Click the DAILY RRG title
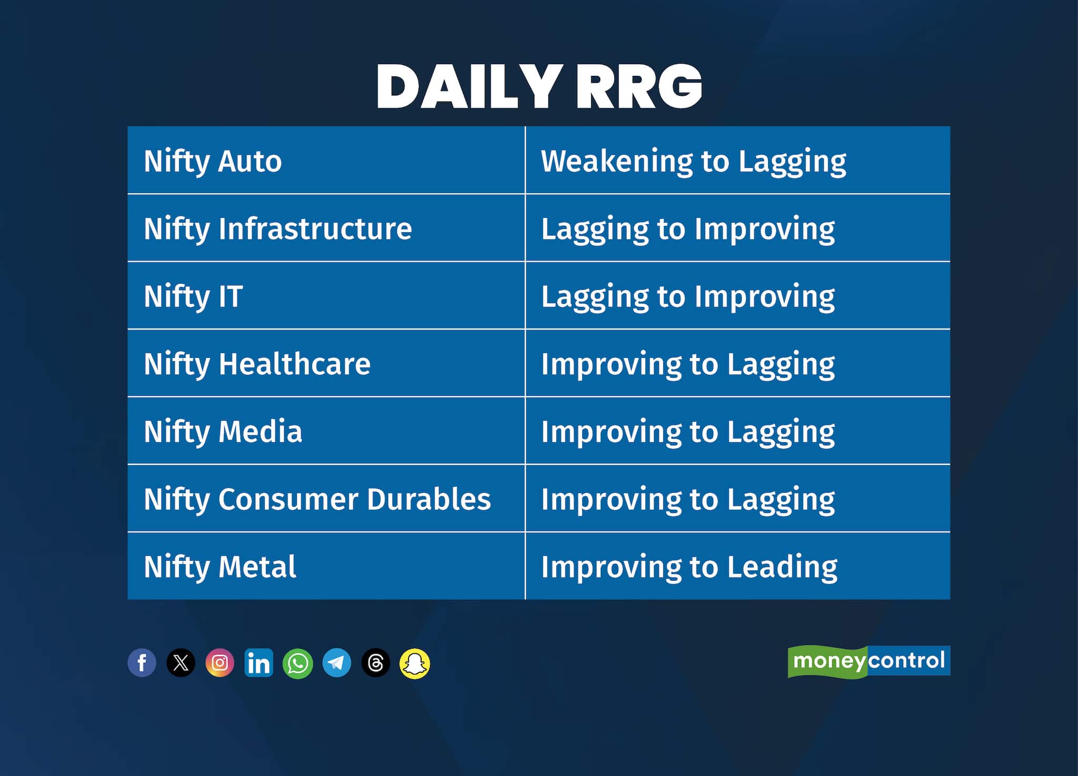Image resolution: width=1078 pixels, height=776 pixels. pyautogui.click(x=540, y=87)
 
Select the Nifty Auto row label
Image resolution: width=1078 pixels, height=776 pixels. pyautogui.click(x=213, y=161)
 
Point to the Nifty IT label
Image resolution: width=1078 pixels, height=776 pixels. pyautogui.click(x=193, y=296)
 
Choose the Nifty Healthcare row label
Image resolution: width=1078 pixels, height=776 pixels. pyautogui.click(x=257, y=364)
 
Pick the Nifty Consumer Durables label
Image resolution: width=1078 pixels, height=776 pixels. pyautogui.click(x=317, y=500)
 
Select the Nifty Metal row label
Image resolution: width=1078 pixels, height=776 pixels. pyautogui.click(x=220, y=567)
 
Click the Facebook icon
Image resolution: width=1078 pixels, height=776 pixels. pyautogui.click(x=142, y=663)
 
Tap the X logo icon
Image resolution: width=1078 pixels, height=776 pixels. pyautogui.click(x=181, y=663)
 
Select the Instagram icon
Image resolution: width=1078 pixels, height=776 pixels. pyautogui.click(x=220, y=663)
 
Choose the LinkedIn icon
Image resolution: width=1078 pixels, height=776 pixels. pyautogui.click(x=259, y=663)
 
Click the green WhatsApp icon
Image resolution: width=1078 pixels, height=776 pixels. pyautogui.click(x=298, y=663)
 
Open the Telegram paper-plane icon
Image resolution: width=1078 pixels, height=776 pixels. pyautogui.click(x=337, y=663)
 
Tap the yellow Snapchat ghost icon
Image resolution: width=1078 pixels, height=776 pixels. pyautogui.click(x=415, y=663)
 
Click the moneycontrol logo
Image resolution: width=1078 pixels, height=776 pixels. pyautogui.click(x=869, y=661)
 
